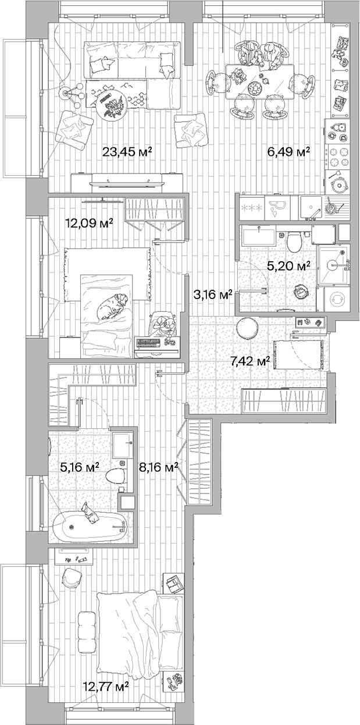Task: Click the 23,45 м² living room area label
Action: [127, 152]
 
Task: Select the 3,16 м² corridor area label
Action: [212, 294]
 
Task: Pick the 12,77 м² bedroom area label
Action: [105, 687]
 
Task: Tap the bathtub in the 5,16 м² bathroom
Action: [87, 527]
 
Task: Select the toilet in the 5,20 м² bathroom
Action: [294, 239]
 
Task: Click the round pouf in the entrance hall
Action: [248, 328]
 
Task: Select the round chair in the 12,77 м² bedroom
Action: [72, 577]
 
